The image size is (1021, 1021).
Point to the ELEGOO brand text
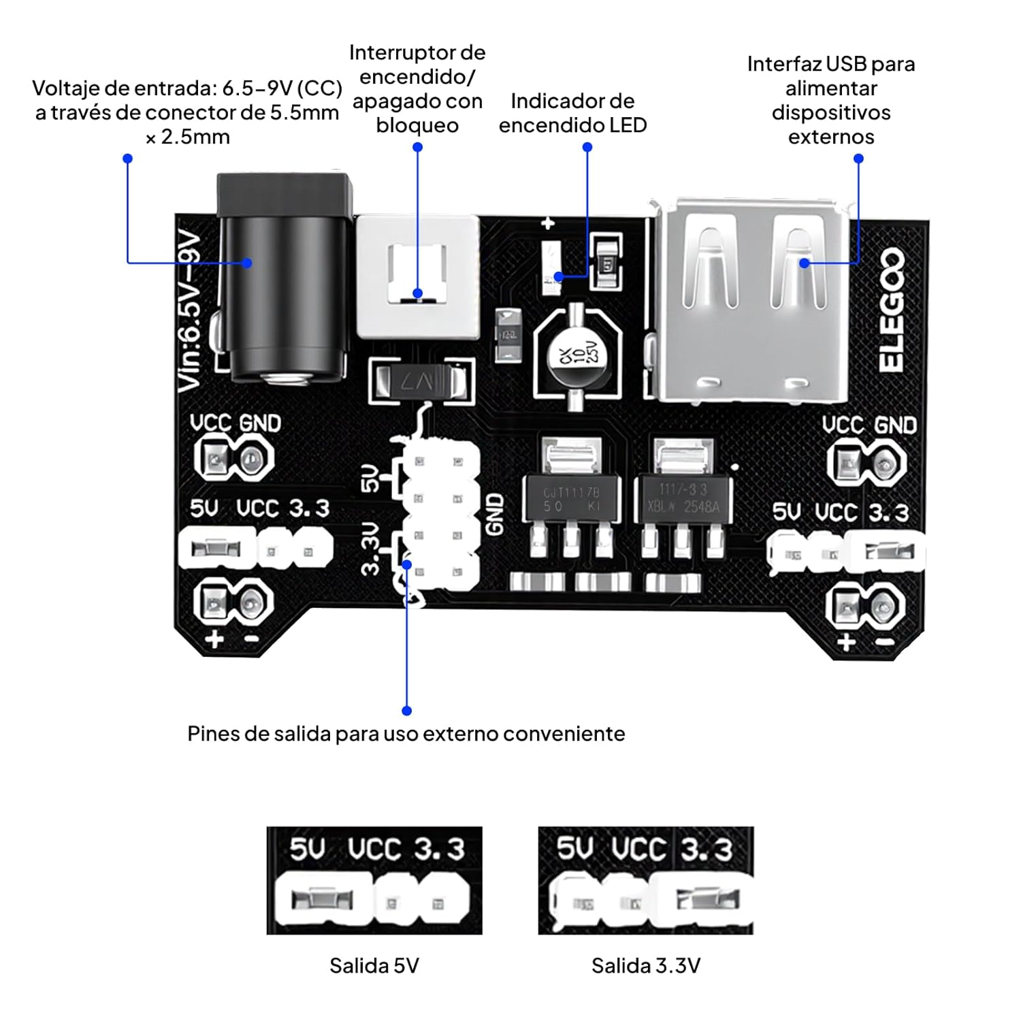point(891,310)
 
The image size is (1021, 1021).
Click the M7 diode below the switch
point(421,381)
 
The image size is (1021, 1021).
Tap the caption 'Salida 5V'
point(374,965)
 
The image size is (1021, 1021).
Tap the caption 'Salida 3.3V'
point(645,965)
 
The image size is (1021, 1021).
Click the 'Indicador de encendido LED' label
point(572,113)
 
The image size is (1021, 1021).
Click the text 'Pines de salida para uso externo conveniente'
point(406,734)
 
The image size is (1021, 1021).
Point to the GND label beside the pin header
point(496,515)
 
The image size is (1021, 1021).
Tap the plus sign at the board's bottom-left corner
point(214,639)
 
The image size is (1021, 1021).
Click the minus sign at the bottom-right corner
point(884,642)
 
